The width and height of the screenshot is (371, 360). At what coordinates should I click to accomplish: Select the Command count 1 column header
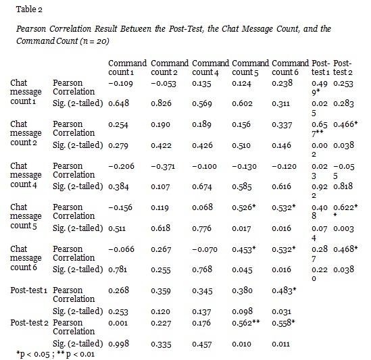click(128, 68)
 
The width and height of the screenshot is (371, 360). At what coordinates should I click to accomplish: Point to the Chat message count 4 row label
click(26, 175)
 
